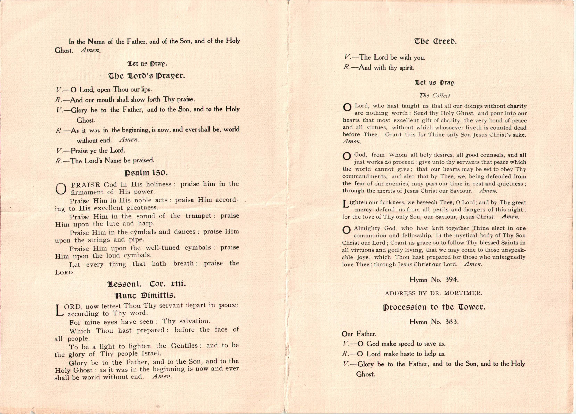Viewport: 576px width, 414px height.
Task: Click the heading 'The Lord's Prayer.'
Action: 147,76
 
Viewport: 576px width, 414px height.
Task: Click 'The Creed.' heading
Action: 435,41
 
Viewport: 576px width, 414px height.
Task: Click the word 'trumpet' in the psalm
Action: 198,216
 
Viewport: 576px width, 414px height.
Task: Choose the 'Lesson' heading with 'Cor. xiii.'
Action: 147,284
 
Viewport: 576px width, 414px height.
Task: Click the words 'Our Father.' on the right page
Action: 359,334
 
